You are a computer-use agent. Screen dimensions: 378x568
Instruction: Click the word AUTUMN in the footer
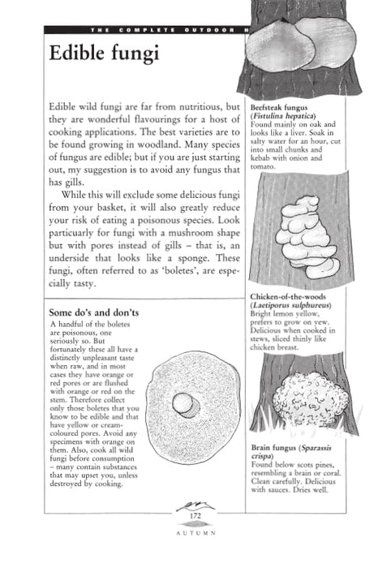pyautogui.click(x=195, y=534)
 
